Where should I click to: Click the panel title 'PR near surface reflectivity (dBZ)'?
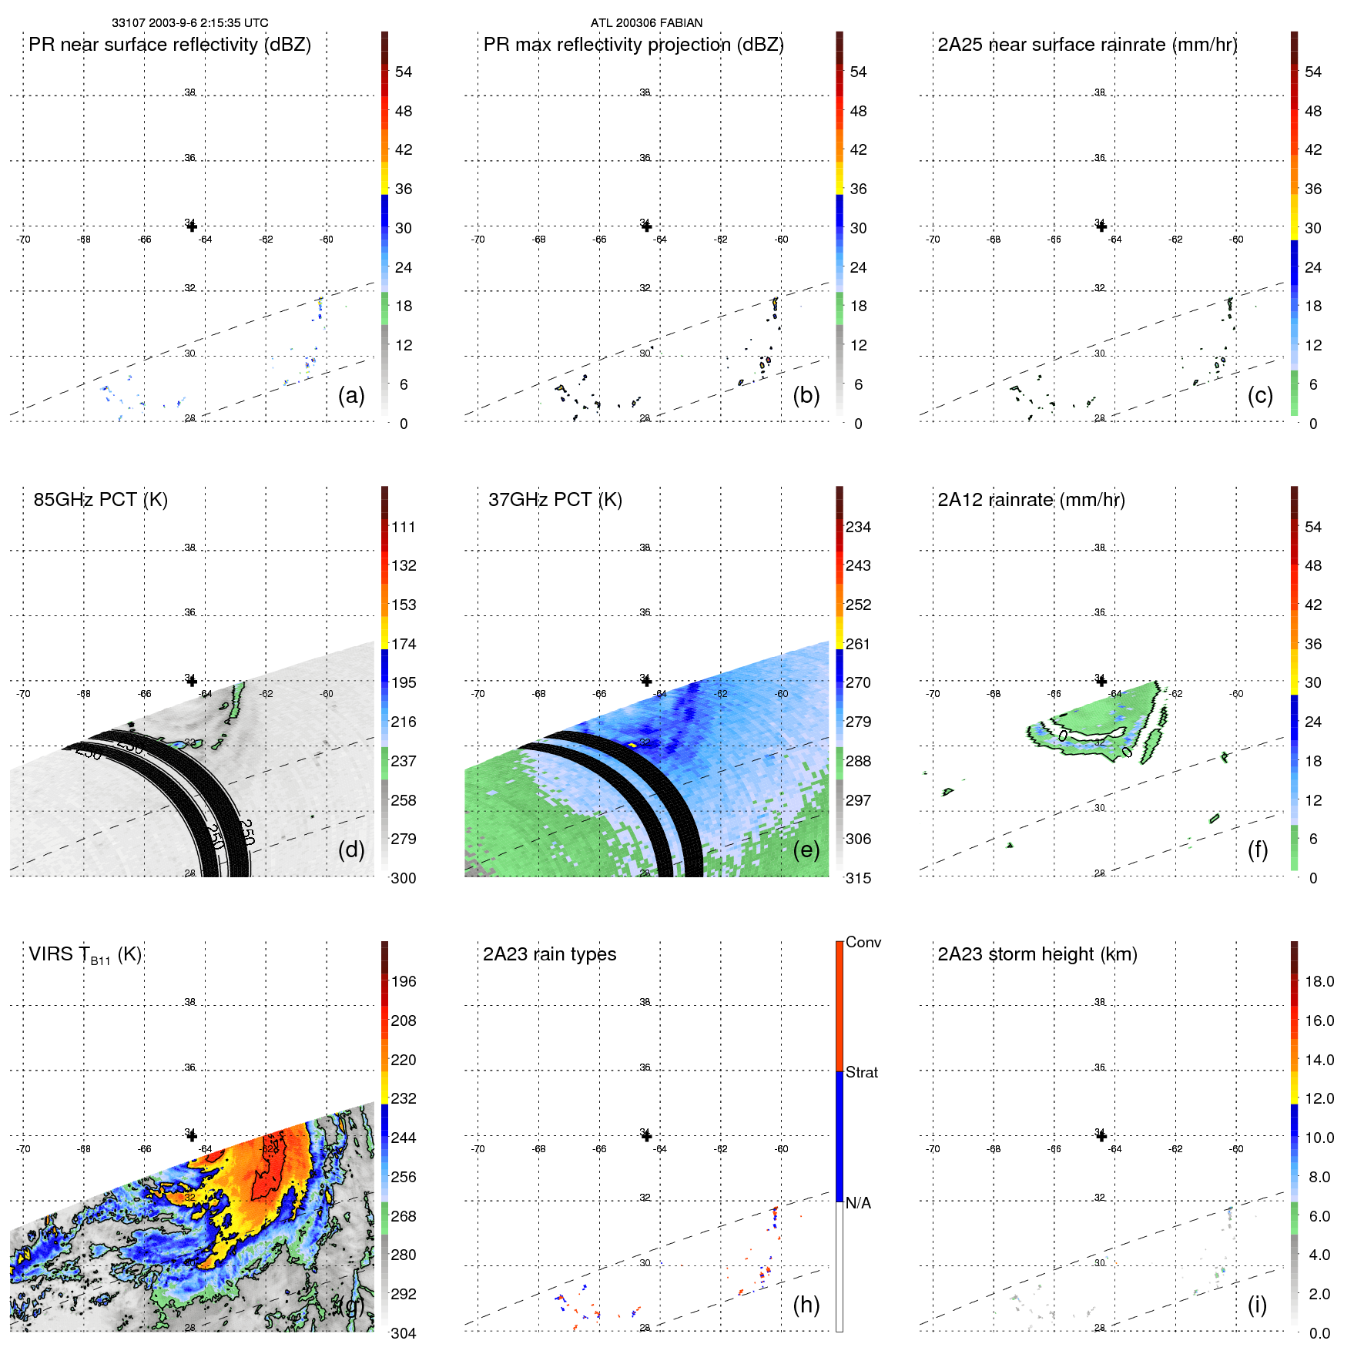click(169, 45)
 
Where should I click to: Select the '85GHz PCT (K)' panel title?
click(100, 500)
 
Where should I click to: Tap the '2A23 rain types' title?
click(549, 954)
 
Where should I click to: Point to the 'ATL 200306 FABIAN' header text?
click(646, 23)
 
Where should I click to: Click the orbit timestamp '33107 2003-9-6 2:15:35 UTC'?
click(190, 23)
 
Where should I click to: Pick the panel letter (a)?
click(351, 395)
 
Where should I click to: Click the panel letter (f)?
click(1258, 850)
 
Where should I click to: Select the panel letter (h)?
click(806, 1304)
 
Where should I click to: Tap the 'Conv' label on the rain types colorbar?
click(863, 942)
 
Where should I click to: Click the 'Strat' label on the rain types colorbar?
click(862, 1072)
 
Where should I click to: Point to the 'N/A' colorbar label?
click(858, 1203)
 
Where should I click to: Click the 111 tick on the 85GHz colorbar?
click(404, 528)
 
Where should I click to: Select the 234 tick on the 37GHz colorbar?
click(858, 528)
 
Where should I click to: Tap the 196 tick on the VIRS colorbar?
click(404, 982)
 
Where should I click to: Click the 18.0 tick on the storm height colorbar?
click(1319, 982)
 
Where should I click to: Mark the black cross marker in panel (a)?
click(192, 226)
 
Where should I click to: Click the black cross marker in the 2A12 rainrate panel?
click(1101, 681)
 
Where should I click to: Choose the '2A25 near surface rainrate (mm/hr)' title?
click(1087, 45)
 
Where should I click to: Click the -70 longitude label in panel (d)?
click(23, 694)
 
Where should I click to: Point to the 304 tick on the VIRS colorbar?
click(404, 1333)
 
